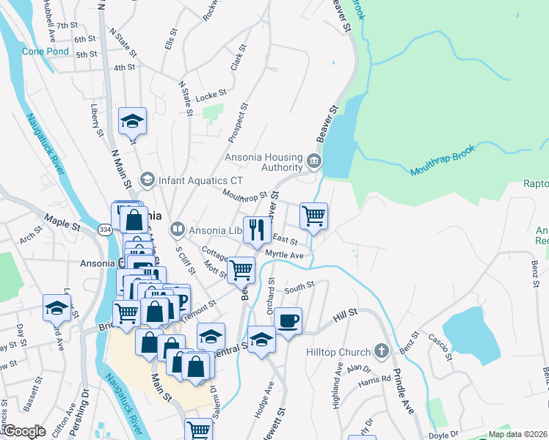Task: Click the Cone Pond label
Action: (46, 51)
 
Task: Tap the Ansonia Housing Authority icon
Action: (313, 160)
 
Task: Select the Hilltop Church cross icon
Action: (381, 351)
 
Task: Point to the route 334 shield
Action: (105, 230)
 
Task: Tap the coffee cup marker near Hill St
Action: (288, 320)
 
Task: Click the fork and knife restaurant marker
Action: (256, 229)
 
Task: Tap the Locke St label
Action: (211, 95)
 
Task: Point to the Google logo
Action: (25, 431)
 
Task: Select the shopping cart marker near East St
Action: (313, 216)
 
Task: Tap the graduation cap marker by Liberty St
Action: (133, 121)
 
